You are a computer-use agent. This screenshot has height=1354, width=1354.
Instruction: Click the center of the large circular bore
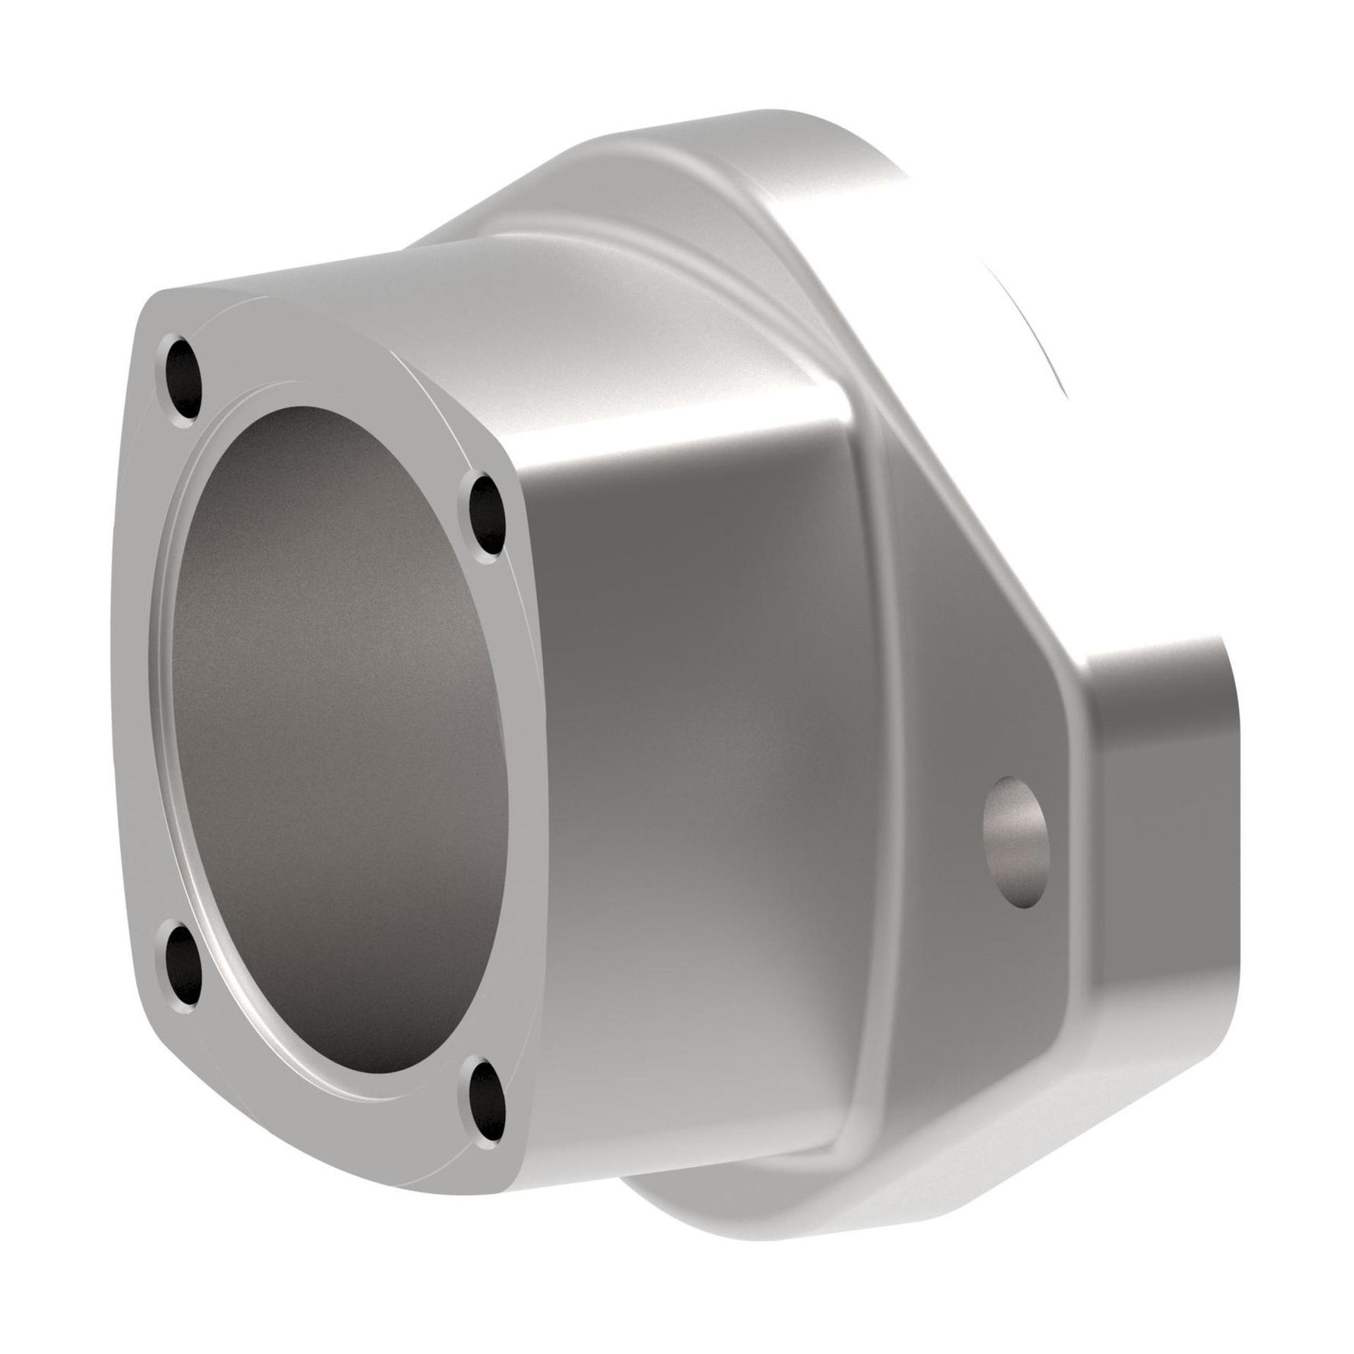[338, 740]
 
